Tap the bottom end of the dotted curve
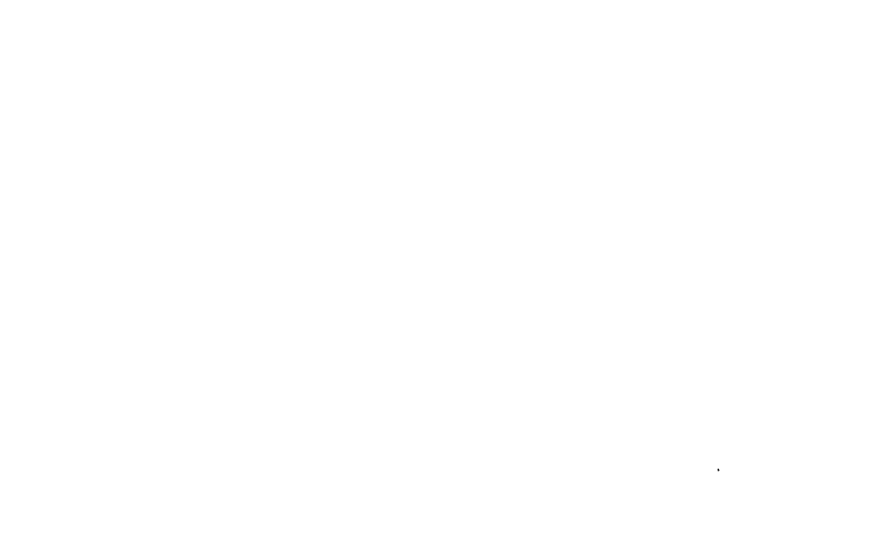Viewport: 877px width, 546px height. (716, 465)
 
